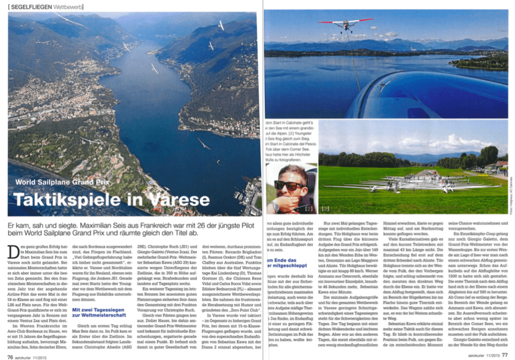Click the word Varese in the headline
coord(171,200)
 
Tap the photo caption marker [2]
coord(308,209)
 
